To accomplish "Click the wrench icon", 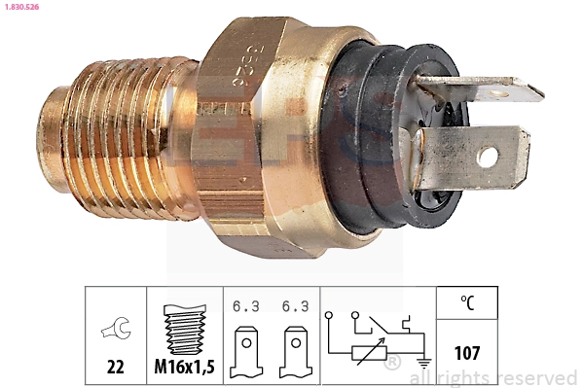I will coord(114,331).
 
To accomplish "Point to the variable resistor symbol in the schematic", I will coord(366,356).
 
